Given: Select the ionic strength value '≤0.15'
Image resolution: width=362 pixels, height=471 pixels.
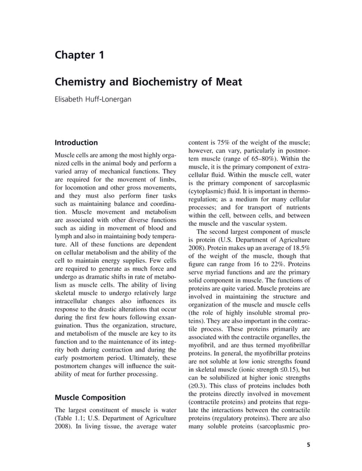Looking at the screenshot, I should [x=287, y=369].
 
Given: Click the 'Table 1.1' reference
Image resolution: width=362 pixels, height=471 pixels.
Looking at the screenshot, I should [x=70, y=420].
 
